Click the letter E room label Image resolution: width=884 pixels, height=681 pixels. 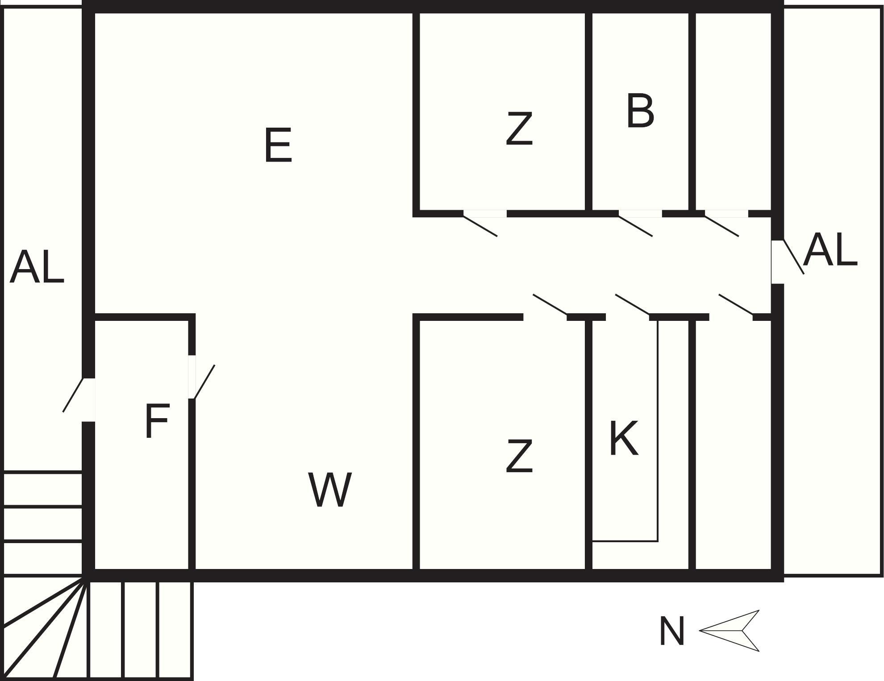click(x=278, y=145)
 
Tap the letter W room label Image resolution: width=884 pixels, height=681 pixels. click(x=330, y=490)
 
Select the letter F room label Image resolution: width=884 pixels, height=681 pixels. click(x=157, y=421)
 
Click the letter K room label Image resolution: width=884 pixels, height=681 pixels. click(x=624, y=438)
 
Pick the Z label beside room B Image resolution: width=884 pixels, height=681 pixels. click(x=519, y=129)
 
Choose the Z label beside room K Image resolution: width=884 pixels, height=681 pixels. click(x=519, y=456)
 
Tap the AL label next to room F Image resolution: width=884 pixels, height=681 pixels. click(x=37, y=267)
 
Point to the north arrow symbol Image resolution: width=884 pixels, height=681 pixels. click(x=729, y=631)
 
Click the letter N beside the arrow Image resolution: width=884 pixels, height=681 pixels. click(x=671, y=631)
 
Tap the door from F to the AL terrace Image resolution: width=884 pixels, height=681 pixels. click(x=73, y=395)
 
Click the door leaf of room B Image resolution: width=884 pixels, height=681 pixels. click(x=636, y=226)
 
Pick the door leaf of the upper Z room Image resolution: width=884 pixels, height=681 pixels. click(x=480, y=226)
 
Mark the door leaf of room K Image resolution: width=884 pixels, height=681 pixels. click(x=632, y=304)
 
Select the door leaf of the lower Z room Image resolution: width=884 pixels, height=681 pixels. click(x=550, y=304)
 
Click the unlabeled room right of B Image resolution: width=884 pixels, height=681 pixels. click(x=733, y=112)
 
